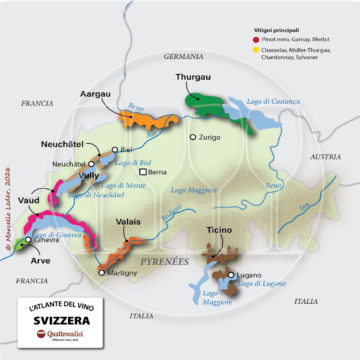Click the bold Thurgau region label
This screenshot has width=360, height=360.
(193, 77)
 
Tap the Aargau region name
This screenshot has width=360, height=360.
(95, 94)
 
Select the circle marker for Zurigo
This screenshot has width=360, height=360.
(193, 137)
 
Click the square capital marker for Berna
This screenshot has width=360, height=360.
(143, 172)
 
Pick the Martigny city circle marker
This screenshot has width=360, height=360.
(102, 273)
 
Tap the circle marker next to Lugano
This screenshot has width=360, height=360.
(231, 275)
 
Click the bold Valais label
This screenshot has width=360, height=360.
(128, 222)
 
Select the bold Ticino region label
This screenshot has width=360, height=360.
(219, 230)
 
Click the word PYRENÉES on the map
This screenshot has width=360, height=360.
(165, 262)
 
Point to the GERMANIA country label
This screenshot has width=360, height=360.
(184, 56)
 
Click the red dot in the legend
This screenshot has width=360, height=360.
(256, 39)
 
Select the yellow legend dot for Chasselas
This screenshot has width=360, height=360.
(256, 50)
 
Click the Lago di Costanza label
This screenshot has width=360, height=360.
(273, 102)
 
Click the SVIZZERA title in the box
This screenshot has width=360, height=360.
(62, 320)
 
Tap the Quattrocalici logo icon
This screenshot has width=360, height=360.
(41, 334)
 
